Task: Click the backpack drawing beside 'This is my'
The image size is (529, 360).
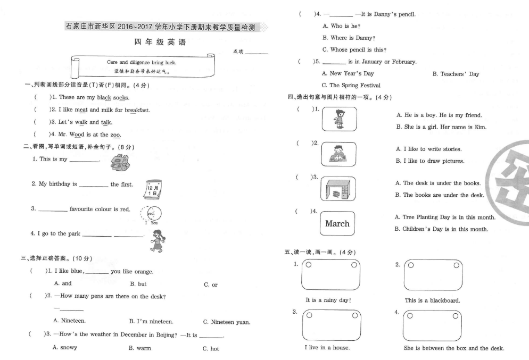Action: coord(120,163)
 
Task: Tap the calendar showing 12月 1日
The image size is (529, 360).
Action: coord(153,189)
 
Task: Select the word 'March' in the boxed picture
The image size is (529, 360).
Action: coord(337,223)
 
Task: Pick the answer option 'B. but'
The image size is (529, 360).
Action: coord(138,284)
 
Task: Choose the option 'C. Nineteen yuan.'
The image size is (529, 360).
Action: coord(227,322)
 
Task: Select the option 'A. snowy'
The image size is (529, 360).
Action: coord(65,347)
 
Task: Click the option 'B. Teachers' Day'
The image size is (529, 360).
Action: coord(456,74)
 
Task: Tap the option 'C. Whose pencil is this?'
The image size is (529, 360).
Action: coord(354,49)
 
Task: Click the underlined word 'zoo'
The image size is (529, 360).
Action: coord(115,135)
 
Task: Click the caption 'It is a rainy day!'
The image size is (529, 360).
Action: coord(328,300)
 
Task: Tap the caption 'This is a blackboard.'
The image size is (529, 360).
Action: coord(433,300)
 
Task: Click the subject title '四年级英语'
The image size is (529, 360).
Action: coord(160,42)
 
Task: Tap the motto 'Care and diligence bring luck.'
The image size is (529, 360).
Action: coord(142,62)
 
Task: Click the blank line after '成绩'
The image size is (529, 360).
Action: coord(257,53)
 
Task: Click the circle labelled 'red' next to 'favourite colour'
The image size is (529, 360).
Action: coord(154,213)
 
